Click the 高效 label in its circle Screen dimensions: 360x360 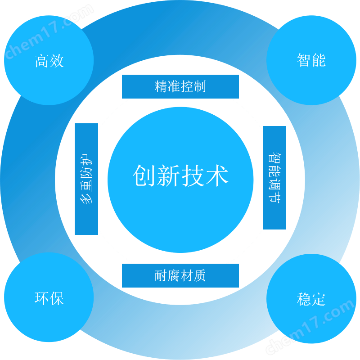pyautogui.click(x=49, y=61)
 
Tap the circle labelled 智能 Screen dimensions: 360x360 pyautogui.click(x=311, y=60)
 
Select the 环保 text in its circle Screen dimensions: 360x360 pyautogui.click(x=49, y=298)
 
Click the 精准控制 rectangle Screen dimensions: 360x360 pyautogui.click(x=180, y=86)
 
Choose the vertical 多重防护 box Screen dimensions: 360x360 pyautogui.click(x=86, y=179)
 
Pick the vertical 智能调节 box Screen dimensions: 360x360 pyautogui.click(x=274, y=178)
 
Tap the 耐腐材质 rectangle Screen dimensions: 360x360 pyautogui.click(x=180, y=275)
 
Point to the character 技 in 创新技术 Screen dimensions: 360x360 pyautogui.click(x=193, y=175)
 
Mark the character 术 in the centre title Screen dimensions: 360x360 pyautogui.click(x=217, y=175)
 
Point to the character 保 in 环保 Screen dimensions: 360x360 pyautogui.click(x=57, y=298)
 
